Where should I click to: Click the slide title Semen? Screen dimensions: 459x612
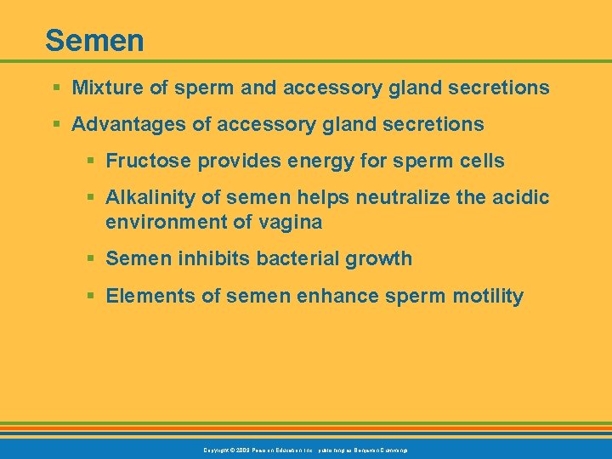pyautogui.click(x=94, y=40)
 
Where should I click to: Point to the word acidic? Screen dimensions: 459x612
pyautogui.click(x=523, y=198)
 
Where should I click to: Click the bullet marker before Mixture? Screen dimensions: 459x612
pyautogui.click(x=56, y=88)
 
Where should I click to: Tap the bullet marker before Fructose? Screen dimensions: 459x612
pyautogui.click(x=90, y=161)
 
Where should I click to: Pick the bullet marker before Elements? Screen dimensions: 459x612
pyautogui.click(x=90, y=297)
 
